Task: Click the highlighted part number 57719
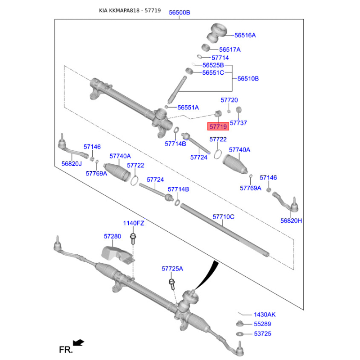pyautogui.click(x=218, y=126)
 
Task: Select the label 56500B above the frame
pyautogui.click(x=180, y=13)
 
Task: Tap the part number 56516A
pyautogui.click(x=245, y=35)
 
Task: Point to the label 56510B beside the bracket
pyautogui.click(x=248, y=78)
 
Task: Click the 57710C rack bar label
pyautogui.click(x=223, y=217)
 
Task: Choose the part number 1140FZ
pyautogui.click(x=134, y=223)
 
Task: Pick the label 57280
pyautogui.click(x=112, y=236)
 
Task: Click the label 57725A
pyautogui.click(x=172, y=269)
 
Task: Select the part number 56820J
pyautogui.click(x=72, y=164)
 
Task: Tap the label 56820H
pyautogui.click(x=291, y=220)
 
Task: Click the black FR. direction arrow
pyautogui.click(x=78, y=343)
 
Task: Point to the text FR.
pyautogui.click(x=66, y=350)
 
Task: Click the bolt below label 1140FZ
pyautogui.click(x=133, y=239)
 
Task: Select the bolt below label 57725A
pyautogui.click(x=172, y=284)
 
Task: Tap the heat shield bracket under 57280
pyautogui.click(x=118, y=255)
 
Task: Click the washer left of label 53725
pyautogui.click(x=240, y=334)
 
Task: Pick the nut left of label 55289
pyautogui.click(x=240, y=324)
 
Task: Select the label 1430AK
pyautogui.click(x=265, y=315)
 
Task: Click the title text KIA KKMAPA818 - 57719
pyautogui.click(x=130, y=10)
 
